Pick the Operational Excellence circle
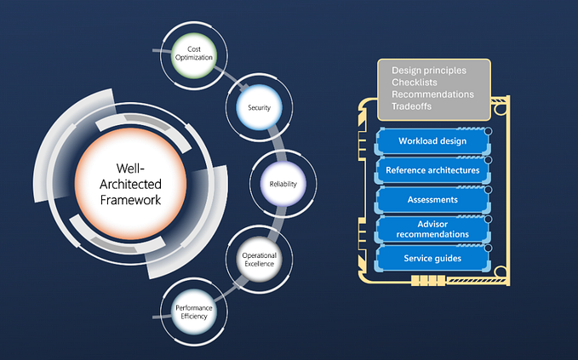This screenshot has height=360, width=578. point(258,259)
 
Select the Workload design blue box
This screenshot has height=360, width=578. point(432,140)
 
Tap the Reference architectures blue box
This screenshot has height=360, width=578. point(432,170)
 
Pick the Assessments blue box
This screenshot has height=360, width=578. point(432,199)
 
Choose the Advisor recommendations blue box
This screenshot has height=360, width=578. point(432,228)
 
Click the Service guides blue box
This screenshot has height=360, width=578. point(432,257)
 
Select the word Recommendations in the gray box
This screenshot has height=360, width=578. point(432,94)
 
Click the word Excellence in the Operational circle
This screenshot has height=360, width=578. point(259,264)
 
